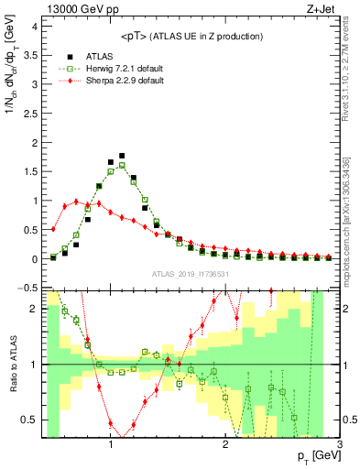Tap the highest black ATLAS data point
click(x=122, y=156)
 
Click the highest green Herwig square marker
click(x=122, y=165)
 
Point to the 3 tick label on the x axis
click(x=340, y=444)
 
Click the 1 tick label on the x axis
click(x=111, y=444)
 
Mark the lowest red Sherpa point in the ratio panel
click(x=122, y=434)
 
